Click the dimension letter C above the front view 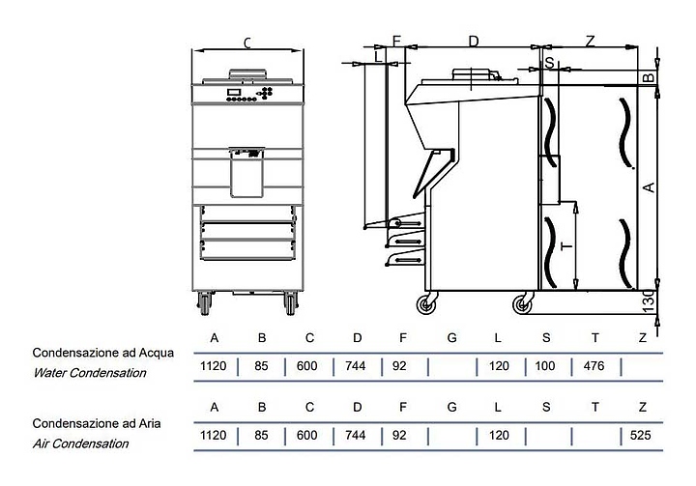pyautogui.click(x=247, y=42)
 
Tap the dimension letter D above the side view pyautogui.click(x=474, y=41)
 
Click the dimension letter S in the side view pyautogui.click(x=550, y=62)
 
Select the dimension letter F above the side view pyautogui.click(x=395, y=41)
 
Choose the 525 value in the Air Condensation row pyautogui.click(x=640, y=436)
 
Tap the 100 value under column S pyautogui.click(x=545, y=367)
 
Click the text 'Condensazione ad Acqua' pyautogui.click(x=103, y=353)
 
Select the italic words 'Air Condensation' pyautogui.click(x=81, y=443)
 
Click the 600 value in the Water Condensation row pyautogui.click(x=306, y=367)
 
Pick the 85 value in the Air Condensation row pyautogui.click(x=260, y=436)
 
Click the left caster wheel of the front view pyautogui.click(x=205, y=305)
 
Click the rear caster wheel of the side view pyautogui.click(x=523, y=305)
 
